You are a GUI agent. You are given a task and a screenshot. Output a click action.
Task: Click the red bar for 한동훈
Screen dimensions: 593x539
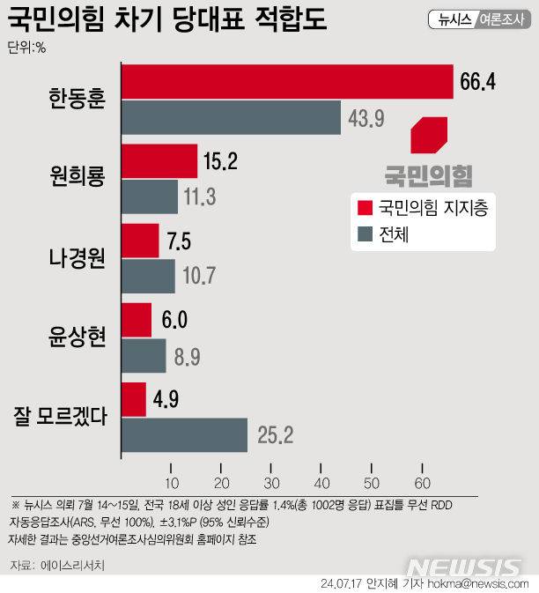[x=286, y=82]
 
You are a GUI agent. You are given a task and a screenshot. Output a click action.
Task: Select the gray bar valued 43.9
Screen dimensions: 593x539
[x=231, y=118]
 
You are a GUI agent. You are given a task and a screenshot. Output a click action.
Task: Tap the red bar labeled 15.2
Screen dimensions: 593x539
[x=159, y=161]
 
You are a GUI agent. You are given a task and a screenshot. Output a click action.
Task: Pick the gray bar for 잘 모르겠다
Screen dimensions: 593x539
[x=184, y=434]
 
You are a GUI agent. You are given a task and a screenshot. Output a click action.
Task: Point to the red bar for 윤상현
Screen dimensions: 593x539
[x=137, y=320]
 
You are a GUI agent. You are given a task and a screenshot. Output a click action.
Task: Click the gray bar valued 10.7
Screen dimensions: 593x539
[x=148, y=277]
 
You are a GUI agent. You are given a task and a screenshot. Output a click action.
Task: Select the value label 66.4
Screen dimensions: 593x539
[x=478, y=83]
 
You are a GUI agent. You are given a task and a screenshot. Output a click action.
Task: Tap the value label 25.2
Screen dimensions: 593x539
[x=275, y=434]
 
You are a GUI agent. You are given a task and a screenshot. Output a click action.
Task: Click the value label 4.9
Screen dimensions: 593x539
[x=166, y=399]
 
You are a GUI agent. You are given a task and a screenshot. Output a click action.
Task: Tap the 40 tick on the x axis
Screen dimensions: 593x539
[x=321, y=482]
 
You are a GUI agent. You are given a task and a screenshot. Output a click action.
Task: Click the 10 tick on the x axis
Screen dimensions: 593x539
[x=171, y=482]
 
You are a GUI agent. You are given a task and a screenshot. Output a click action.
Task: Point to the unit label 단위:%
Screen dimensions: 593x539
[x=26, y=48]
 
